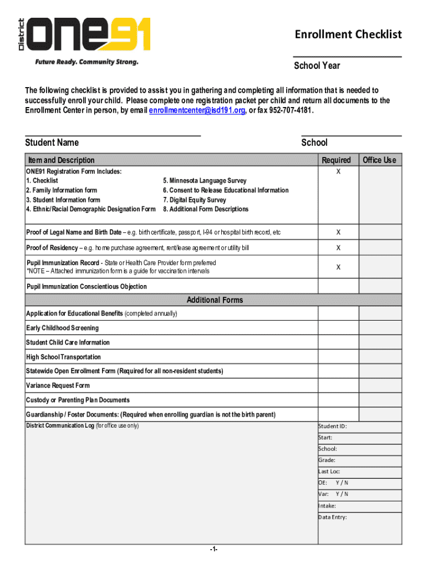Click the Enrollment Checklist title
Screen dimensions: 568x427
click(x=348, y=34)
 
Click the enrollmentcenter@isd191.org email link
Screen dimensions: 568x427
click(x=197, y=110)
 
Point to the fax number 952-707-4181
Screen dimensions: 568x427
click(x=285, y=110)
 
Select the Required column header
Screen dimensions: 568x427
click(x=336, y=160)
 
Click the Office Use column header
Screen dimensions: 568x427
click(x=379, y=160)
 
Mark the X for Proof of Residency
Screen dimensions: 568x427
click(x=338, y=247)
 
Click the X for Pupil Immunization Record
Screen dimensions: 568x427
click(x=338, y=267)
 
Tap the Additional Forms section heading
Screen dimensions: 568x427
click(x=215, y=300)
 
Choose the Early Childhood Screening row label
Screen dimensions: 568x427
click(x=62, y=328)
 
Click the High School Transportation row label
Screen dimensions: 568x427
click(x=63, y=357)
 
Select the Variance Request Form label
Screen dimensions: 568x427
click(x=58, y=386)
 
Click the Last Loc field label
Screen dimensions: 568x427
click(x=329, y=471)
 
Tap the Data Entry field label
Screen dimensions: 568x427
click(x=333, y=517)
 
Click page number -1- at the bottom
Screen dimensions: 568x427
click(x=213, y=549)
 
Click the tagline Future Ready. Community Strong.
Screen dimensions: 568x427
click(x=87, y=62)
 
